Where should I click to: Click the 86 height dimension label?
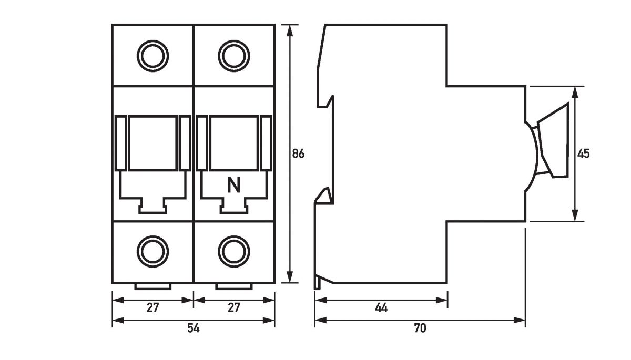click(x=299, y=154)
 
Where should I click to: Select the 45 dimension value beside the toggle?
click(x=583, y=154)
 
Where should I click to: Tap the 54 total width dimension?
click(x=194, y=328)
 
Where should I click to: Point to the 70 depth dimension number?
click(x=420, y=328)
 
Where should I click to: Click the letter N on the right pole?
click(x=234, y=185)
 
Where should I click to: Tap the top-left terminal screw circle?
click(x=152, y=55)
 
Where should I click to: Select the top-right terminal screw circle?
click(x=234, y=55)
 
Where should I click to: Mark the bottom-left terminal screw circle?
click(x=152, y=251)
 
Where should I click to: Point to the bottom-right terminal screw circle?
click(x=234, y=251)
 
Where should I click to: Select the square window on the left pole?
click(x=152, y=143)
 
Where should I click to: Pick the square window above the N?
click(x=234, y=143)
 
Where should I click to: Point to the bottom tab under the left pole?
click(x=152, y=286)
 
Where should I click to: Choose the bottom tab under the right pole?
click(x=234, y=286)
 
